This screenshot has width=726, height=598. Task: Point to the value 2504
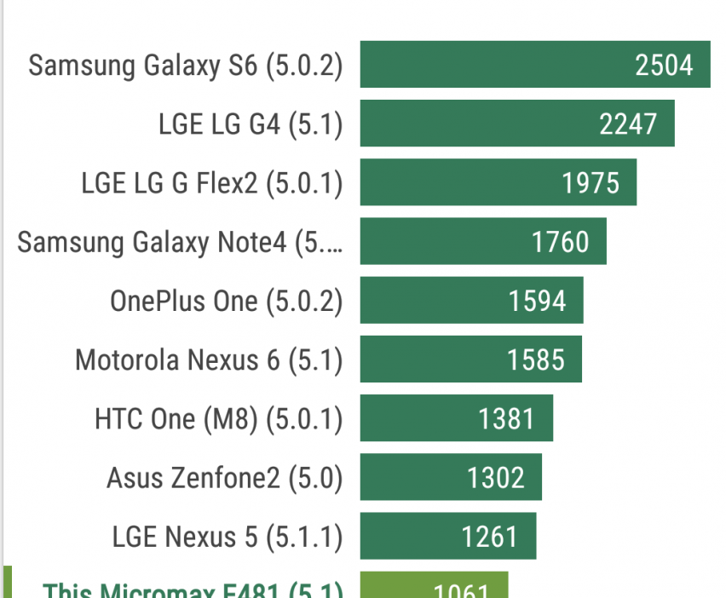point(664,65)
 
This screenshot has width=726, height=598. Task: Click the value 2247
point(628,124)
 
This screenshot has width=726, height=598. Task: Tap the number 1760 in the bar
point(560,242)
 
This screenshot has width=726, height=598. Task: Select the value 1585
point(536,359)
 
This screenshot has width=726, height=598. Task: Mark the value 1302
point(496,478)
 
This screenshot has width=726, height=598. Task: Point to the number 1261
point(490,537)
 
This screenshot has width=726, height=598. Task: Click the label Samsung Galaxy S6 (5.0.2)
point(186,66)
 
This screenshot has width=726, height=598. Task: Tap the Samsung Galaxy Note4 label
point(181,242)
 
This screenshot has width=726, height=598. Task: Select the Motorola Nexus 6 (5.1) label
point(209,359)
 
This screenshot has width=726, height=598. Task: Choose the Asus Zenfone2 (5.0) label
point(224,478)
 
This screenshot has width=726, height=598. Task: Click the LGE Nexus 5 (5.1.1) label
point(228,537)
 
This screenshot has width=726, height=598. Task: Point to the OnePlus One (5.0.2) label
point(226,301)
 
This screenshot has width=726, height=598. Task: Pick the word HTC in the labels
point(118,419)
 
